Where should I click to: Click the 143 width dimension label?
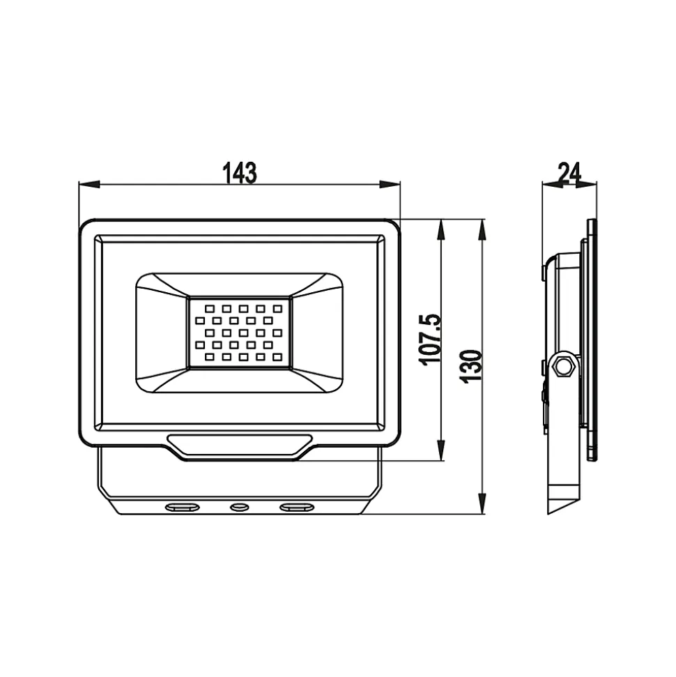240,173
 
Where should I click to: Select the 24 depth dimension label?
569,173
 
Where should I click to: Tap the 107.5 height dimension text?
431,340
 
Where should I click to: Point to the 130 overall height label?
472,366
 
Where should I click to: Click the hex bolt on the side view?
563,367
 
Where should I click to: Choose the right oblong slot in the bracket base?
296,506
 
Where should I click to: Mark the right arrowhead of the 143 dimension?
390,185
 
